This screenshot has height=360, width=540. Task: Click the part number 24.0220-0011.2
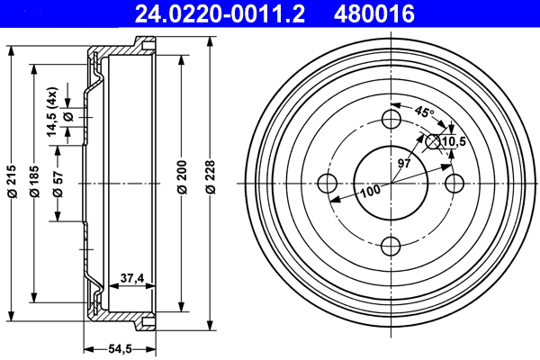213,13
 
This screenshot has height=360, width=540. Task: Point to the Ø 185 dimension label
34,184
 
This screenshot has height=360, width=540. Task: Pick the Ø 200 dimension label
182,184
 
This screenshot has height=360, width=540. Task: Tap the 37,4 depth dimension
132,279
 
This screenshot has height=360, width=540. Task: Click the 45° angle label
423,112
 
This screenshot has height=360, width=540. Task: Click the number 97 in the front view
404,164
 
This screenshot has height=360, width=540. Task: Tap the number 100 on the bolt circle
370,191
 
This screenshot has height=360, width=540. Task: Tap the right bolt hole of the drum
455,183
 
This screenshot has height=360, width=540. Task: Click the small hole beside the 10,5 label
433,140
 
